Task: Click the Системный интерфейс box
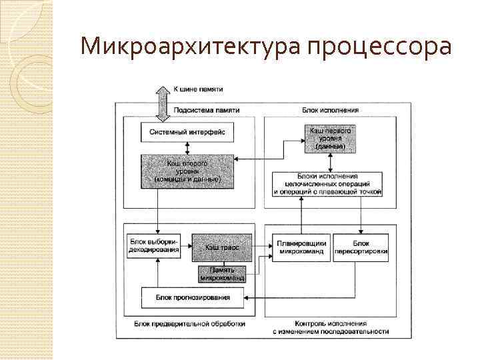tap(187, 132)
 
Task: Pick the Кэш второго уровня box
tap(187, 171)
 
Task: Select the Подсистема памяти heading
tap(207, 110)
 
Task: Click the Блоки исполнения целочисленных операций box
tap(328, 183)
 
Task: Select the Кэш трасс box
tap(222, 247)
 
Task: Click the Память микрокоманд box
tap(222, 274)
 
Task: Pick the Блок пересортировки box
tap(361, 247)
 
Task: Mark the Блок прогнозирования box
tap(193, 297)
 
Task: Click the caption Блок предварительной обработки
tap(189, 323)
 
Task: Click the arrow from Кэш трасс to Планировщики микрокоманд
tap(259, 247)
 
